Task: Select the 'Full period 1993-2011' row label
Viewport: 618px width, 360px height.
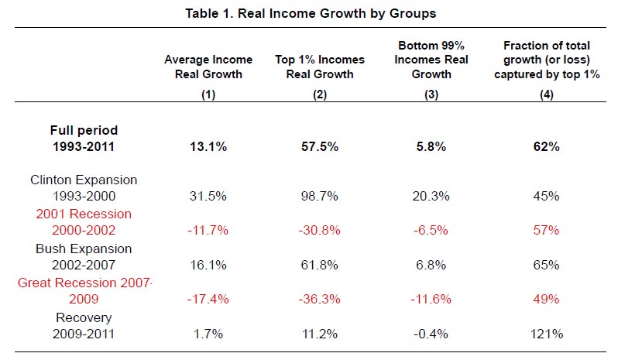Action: (x=84, y=138)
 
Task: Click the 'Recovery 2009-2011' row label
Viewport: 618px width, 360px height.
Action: (x=84, y=325)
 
